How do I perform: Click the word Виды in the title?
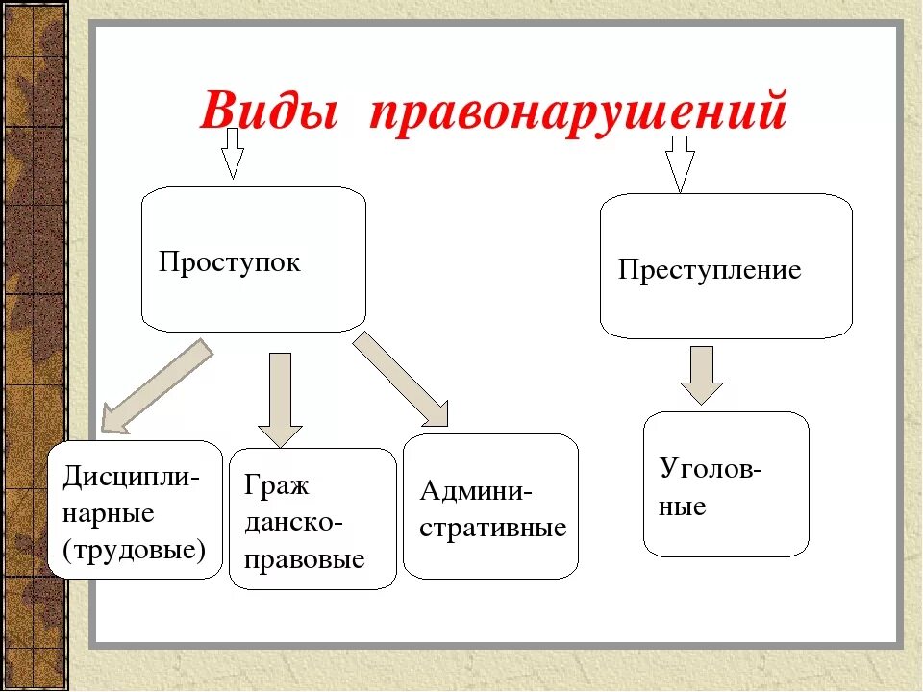click(x=271, y=113)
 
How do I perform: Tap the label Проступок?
click(x=230, y=262)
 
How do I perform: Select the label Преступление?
click(x=710, y=270)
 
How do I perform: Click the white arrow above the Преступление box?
click(x=681, y=161)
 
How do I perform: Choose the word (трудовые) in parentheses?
click(x=134, y=550)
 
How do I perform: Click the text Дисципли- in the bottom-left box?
click(x=132, y=478)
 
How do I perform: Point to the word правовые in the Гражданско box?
click(x=305, y=558)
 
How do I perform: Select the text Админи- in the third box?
click(x=475, y=491)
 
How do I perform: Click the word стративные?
click(x=493, y=528)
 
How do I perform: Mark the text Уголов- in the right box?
click(x=711, y=469)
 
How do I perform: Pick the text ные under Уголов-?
click(x=683, y=506)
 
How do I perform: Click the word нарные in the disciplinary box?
click(x=109, y=513)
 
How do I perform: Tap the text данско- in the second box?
click(x=293, y=522)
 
